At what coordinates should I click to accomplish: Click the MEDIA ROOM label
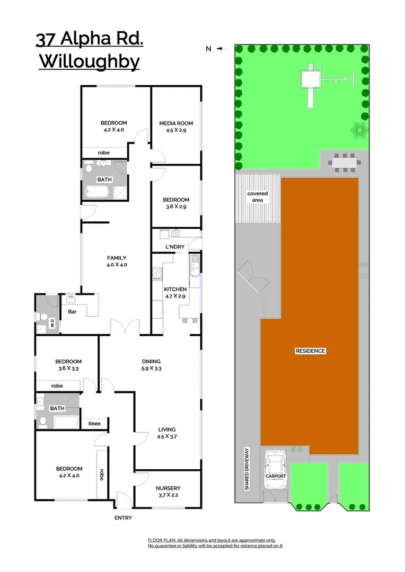176,123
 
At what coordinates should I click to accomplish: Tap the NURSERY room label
168,488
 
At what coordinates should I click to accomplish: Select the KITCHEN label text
175,289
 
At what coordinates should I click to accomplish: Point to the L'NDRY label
174,247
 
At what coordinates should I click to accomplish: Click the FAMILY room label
117,258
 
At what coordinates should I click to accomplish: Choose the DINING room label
151,362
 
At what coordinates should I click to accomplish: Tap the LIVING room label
166,430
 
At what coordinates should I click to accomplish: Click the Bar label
72,311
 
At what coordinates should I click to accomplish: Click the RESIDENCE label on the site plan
310,351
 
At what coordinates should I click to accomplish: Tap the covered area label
258,197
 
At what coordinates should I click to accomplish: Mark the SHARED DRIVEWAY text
247,468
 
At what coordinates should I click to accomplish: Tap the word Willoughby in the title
90,62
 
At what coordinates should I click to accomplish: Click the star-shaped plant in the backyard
359,129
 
